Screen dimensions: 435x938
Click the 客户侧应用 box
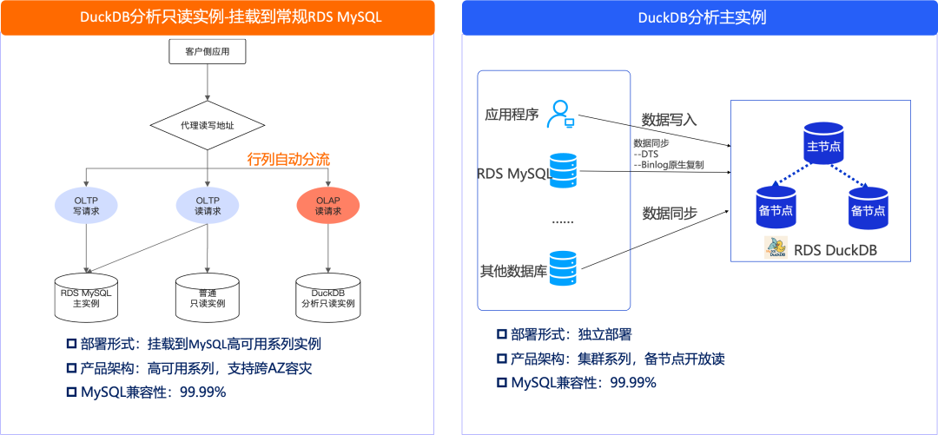(x=207, y=53)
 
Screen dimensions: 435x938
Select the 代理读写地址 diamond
(x=208, y=126)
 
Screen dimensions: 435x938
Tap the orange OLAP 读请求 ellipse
(x=327, y=206)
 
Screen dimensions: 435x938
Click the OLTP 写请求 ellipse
(x=86, y=206)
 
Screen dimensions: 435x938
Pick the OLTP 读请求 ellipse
(x=208, y=206)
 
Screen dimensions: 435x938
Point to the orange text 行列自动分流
(x=288, y=159)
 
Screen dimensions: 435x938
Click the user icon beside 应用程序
(x=560, y=114)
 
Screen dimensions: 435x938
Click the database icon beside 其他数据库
(x=564, y=270)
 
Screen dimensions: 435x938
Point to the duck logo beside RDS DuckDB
(x=776, y=248)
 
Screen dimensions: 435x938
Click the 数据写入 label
(x=669, y=119)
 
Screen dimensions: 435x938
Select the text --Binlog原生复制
(x=669, y=164)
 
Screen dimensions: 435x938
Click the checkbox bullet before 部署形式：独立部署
(x=501, y=334)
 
